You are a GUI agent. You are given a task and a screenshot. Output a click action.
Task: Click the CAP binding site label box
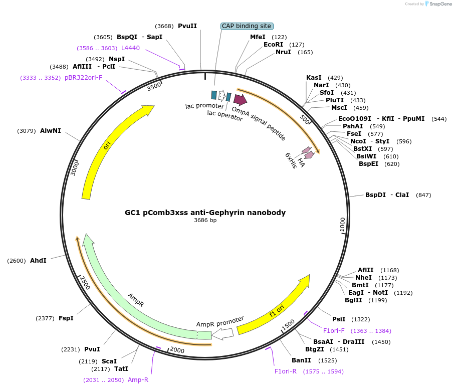tap(247, 26)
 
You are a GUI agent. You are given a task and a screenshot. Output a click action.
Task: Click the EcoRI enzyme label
tap(273, 45)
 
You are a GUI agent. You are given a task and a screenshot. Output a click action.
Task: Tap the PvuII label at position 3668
tap(187, 26)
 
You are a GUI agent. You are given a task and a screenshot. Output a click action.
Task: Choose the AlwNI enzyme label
tap(51, 131)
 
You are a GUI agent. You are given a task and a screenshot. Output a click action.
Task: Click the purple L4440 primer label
tap(130, 48)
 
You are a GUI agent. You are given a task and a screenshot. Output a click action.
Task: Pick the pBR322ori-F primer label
tap(83, 78)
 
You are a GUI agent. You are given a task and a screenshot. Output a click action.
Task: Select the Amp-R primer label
tap(138, 380)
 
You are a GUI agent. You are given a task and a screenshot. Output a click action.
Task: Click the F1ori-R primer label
tap(286, 371)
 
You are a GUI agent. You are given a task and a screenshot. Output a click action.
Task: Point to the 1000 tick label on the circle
tap(343, 225)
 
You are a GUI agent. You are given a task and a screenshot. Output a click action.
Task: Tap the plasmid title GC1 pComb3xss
tap(205, 213)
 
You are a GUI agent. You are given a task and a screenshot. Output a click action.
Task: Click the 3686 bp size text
tap(205, 220)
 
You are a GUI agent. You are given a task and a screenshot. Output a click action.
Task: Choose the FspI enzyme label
tap(66, 318)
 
